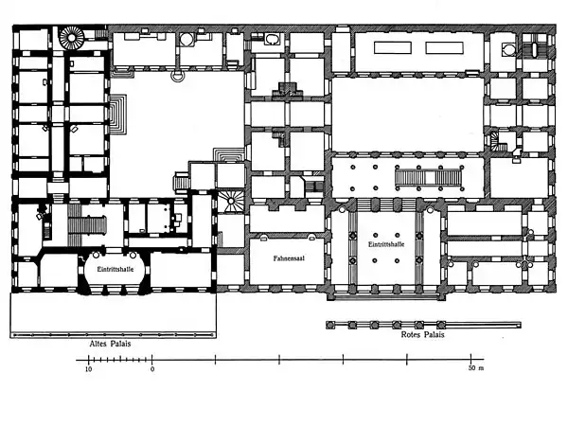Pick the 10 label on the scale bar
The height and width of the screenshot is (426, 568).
tap(88, 368)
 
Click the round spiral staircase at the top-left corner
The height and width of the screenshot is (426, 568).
tap(72, 39)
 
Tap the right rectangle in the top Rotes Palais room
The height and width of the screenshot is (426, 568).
tap(443, 47)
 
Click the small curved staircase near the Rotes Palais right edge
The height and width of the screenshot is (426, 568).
tap(501, 141)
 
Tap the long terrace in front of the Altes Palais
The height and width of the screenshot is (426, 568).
tap(113, 313)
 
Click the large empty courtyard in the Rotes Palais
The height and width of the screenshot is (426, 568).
tap(407, 112)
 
